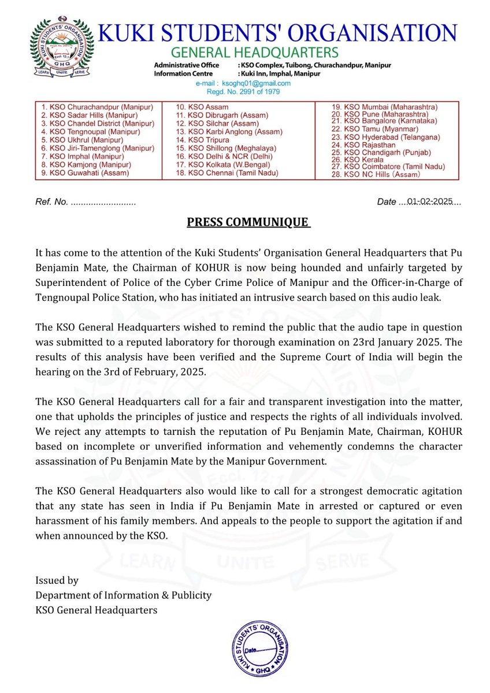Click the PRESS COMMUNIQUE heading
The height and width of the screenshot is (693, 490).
pyautogui.click(x=248, y=223)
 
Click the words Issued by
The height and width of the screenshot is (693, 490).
pyautogui.click(x=57, y=580)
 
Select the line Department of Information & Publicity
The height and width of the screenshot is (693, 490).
pyautogui.click(x=123, y=595)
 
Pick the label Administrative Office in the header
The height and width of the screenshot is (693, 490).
pyautogui.click(x=186, y=66)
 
